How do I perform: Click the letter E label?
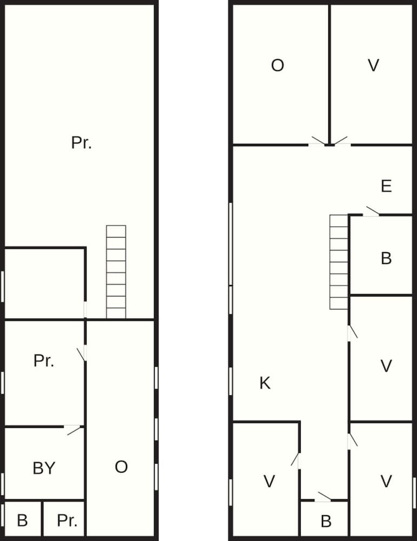386,186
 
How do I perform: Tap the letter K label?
265,383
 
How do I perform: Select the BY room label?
44,468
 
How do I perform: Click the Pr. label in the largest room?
82,142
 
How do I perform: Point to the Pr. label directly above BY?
44,360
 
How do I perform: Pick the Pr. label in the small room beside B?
67,520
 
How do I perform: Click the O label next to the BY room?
121,467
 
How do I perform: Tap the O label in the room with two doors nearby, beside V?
277,65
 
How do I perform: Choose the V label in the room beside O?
374,65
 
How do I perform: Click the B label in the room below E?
386,258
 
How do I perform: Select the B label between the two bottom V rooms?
326,522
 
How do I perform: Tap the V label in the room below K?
269,481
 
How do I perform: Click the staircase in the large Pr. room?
116,272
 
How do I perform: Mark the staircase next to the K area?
339,262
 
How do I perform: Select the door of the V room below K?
296,460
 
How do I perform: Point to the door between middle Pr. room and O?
82,354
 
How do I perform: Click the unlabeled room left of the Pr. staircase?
44,283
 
